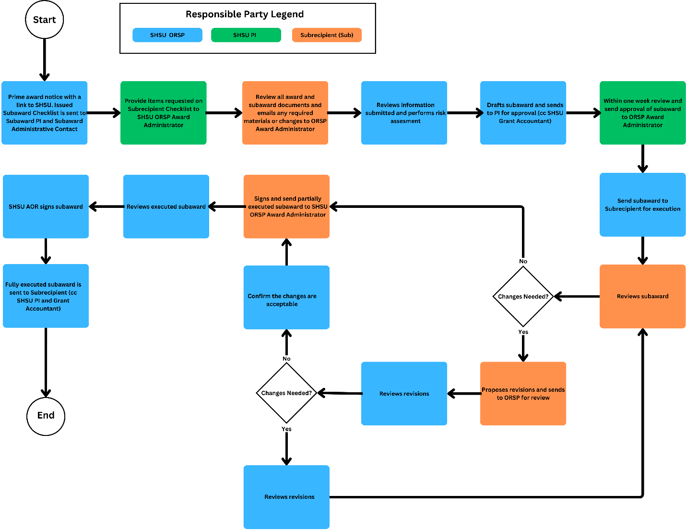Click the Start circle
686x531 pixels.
click(44, 20)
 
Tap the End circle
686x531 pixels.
click(46, 416)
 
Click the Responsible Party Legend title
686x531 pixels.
click(245, 14)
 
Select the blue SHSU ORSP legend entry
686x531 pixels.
click(167, 35)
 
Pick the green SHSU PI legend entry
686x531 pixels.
click(246, 35)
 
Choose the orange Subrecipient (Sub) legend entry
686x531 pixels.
click(327, 35)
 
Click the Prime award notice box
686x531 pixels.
click(45, 113)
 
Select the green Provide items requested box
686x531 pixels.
click(164, 113)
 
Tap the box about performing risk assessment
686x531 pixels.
click(404, 113)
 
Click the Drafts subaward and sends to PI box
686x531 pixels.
click(523, 113)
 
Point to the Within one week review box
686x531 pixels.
click(642, 113)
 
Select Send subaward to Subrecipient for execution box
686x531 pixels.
click(642, 205)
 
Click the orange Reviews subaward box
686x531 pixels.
click(642, 296)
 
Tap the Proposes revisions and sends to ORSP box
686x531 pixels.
click(523, 394)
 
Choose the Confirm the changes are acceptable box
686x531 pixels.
click(286, 298)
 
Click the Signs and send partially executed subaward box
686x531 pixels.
click(286, 206)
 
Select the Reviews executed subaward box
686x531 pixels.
click(166, 206)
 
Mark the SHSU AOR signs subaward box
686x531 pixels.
click(46, 206)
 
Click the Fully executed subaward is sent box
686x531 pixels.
click(46, 296)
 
